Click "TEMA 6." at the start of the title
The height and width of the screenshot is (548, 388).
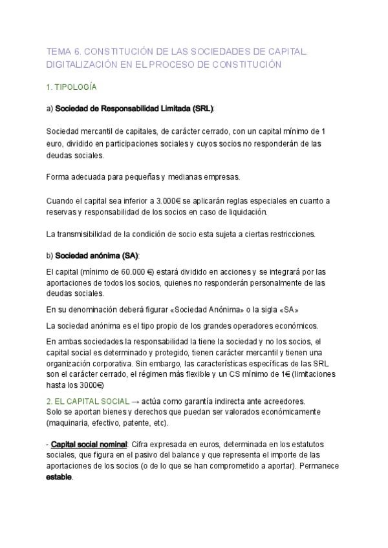[x=63, y=51]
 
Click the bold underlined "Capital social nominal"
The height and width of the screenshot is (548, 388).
[x=89, y=445]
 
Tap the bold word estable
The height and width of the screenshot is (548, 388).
[x=59, y=478]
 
